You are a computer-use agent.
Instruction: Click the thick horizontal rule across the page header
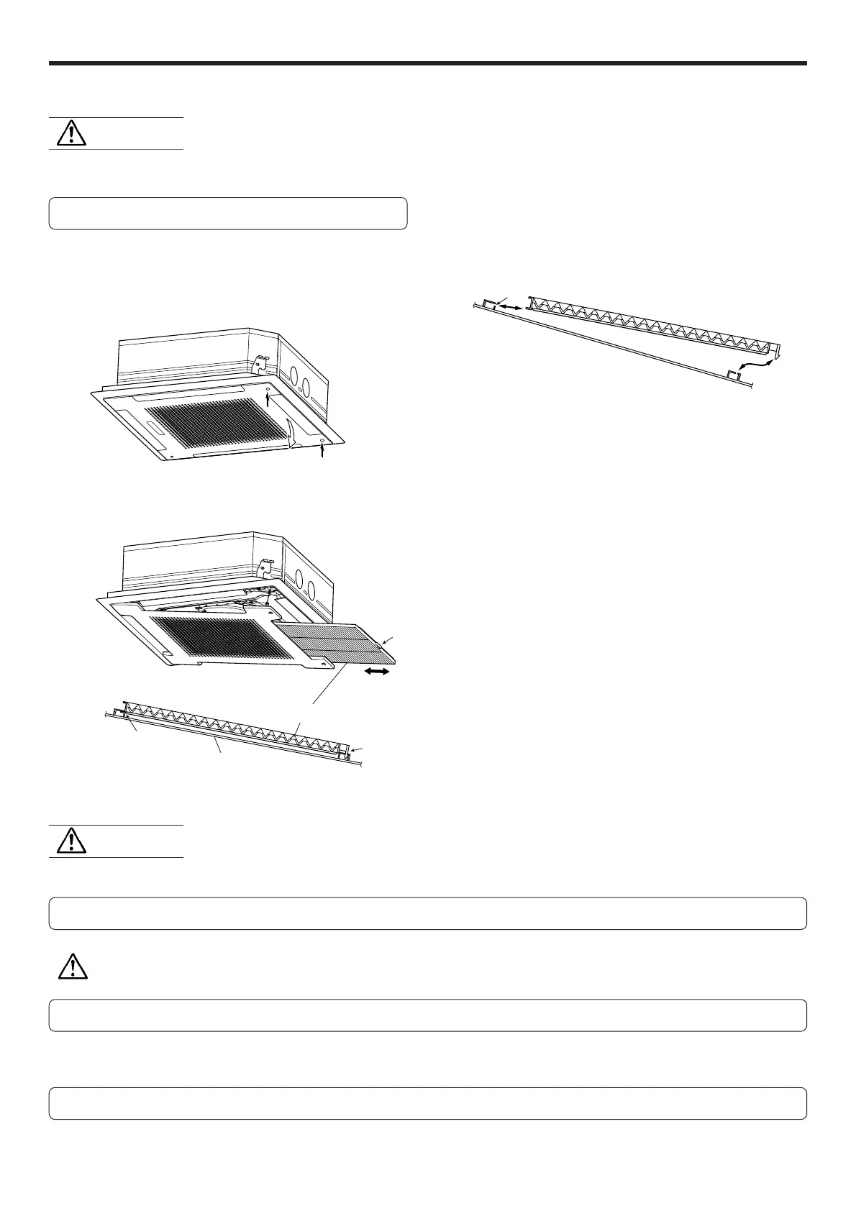click(x=427, y=63)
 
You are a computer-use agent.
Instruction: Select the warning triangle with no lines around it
click(x=72, y=966)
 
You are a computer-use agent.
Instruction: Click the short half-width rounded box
click(x=228, y=214)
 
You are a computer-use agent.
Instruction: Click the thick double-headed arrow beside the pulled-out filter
click(x=376, y=672)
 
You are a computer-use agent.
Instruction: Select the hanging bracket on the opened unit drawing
click(x=264, y=567)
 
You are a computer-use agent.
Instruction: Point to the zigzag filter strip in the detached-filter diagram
click(x=647, y=327)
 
